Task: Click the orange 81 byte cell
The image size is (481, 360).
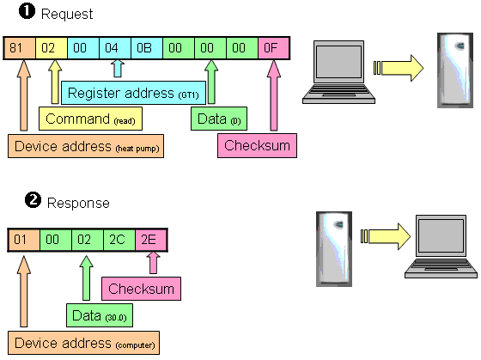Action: pos(20,48)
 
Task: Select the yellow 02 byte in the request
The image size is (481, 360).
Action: pos(52,48)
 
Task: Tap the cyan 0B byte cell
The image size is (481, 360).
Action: pos(147,48)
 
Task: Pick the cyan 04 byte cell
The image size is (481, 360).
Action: pos(115,48)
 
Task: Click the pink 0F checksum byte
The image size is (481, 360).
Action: pos(274,48)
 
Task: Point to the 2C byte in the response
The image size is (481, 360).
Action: pos(119,240)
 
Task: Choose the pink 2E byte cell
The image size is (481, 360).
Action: pos(151,240)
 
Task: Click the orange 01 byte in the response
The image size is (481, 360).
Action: pos(24,240)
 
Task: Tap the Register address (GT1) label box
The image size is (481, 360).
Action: pos(133,93)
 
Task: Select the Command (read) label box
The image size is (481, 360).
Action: pos(90,119)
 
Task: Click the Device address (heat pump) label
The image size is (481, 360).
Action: pos(86,146)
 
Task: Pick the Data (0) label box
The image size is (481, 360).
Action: pos(219,119)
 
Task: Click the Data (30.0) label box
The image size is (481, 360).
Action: pos(100,315)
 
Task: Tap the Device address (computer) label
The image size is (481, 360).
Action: pos(84,343)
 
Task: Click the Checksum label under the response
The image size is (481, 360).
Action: pos(141,289)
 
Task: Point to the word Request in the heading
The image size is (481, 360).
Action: pos(67,14)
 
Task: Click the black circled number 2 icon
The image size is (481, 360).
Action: pos(33,200)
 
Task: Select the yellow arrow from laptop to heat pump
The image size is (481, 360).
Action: pos(399,68)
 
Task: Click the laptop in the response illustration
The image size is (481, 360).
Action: pos(441,247)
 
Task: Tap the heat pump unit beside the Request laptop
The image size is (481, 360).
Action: pos(455,70)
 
